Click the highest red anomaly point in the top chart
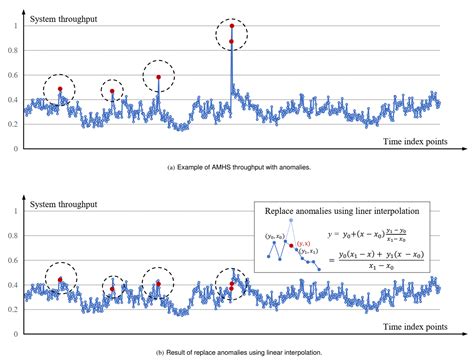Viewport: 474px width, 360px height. point(232,25)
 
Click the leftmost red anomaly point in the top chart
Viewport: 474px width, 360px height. point(60,89)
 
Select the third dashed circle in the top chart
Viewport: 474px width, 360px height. point(158,77)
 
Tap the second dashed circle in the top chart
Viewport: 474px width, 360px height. point(113,92)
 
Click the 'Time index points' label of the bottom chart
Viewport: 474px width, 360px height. point(413,327)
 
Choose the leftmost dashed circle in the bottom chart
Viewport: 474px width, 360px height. point(61,279)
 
